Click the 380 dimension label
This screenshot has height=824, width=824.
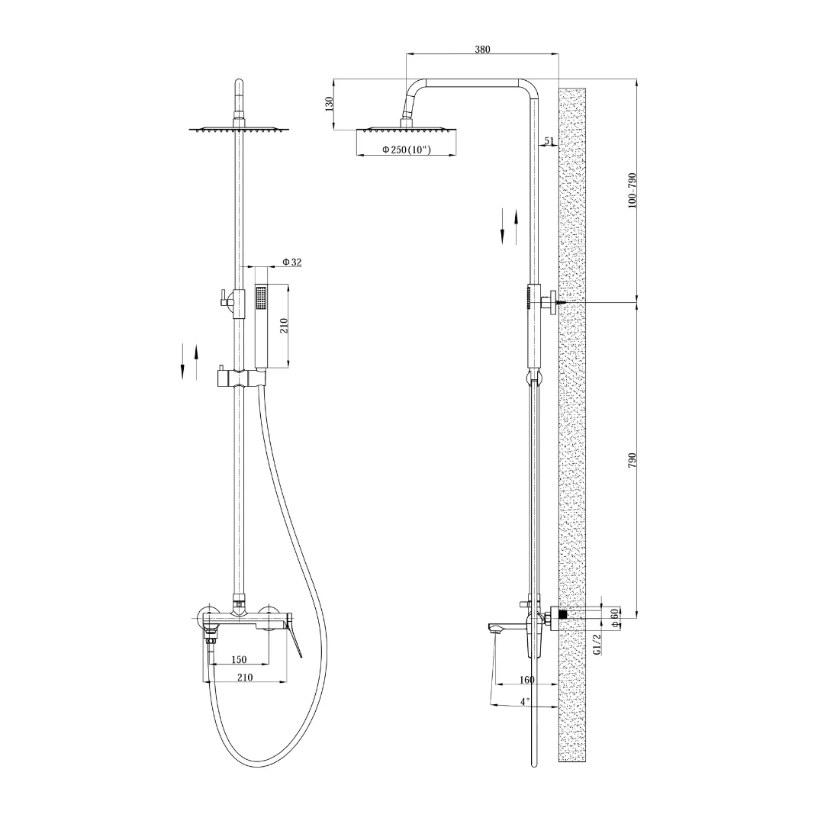click(482, 50)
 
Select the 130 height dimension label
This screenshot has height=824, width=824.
click(330, 104)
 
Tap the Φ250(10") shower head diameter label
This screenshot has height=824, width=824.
click(407, 150)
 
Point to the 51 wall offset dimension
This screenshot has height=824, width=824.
click(549, 140)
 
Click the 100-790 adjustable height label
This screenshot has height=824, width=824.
click(632, 190)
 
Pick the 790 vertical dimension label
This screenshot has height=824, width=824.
click(632, 460)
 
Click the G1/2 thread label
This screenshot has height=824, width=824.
click(597, 644)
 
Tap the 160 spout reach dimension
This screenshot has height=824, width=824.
click(526, 680)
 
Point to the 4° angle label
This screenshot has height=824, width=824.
click(525, 702)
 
